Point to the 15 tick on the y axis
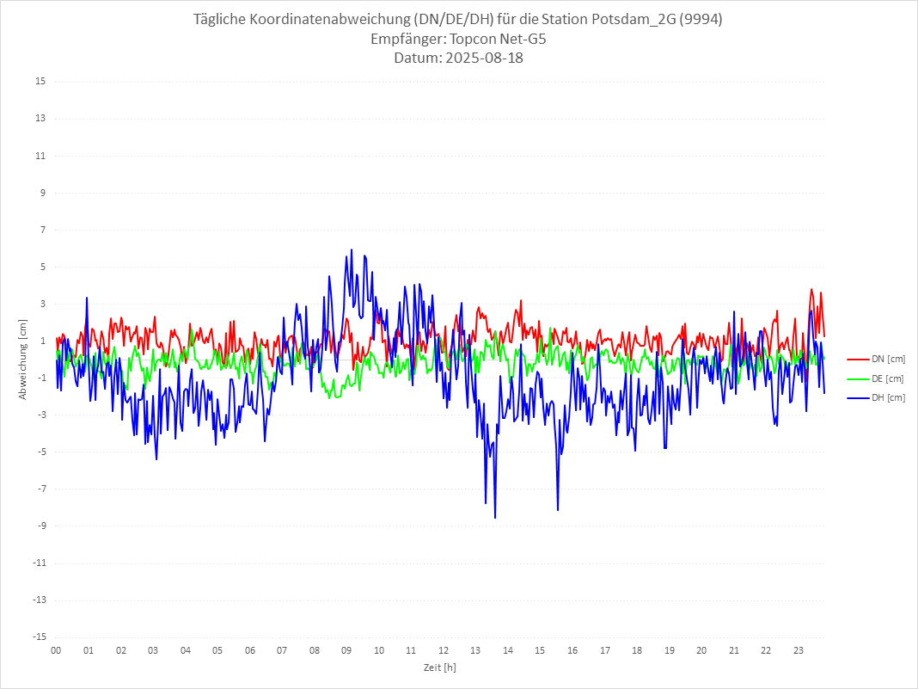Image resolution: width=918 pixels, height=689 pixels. click(x=40, y=82)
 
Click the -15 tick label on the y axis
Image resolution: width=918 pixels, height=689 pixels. click(x=39, y=637)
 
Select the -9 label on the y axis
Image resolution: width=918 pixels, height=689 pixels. click(x=40, y=526)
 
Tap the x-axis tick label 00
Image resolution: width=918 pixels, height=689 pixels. click(x=56, y=650)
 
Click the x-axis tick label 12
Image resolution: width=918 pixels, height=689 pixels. click(x=444, y=650)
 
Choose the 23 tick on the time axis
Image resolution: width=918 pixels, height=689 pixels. click(x=799, y=650)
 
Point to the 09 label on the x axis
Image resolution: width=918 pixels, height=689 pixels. click(x=346, y=650)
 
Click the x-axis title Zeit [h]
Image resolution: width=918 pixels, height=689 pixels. click(x=439, y=667)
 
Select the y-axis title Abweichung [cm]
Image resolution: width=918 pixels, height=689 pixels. click(x=23, y=359)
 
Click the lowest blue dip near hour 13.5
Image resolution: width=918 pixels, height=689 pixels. click(x=495, y=517)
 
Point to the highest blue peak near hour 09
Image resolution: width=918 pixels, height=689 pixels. click(x=352, y=250)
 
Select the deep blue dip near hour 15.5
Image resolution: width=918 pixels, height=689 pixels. click(x=558, y=509)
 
